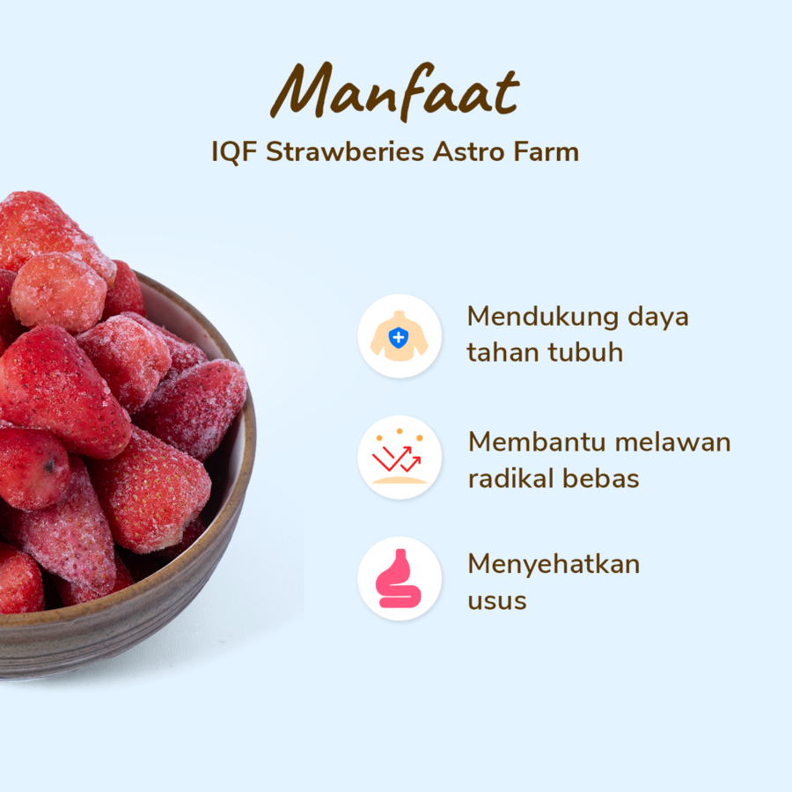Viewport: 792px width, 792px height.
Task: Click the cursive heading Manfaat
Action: (x=395, y=91)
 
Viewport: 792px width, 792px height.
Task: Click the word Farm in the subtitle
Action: (x=546, y=151)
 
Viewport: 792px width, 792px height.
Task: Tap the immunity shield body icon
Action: (x=400, y=336)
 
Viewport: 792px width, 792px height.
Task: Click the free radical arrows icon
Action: (x=400, y=458)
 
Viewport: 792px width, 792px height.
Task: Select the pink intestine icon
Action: (x=400, y=578)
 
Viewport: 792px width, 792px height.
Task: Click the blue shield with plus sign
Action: (x=399, y=336)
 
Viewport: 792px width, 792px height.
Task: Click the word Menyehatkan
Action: (x=554, y=563)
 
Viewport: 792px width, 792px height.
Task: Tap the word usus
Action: (x=497, y=602)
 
